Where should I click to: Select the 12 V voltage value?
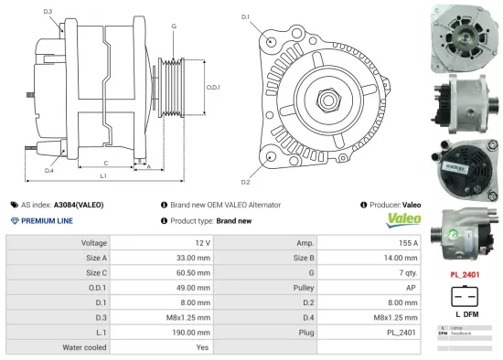(202, 243)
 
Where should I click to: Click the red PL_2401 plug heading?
(466, 273)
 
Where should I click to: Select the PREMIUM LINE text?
(48, 221)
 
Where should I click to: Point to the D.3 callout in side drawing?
(48, 12)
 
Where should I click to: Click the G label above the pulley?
(174, 26)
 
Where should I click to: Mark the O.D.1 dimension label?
(212, 88)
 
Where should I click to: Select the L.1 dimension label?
(102, 175)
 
